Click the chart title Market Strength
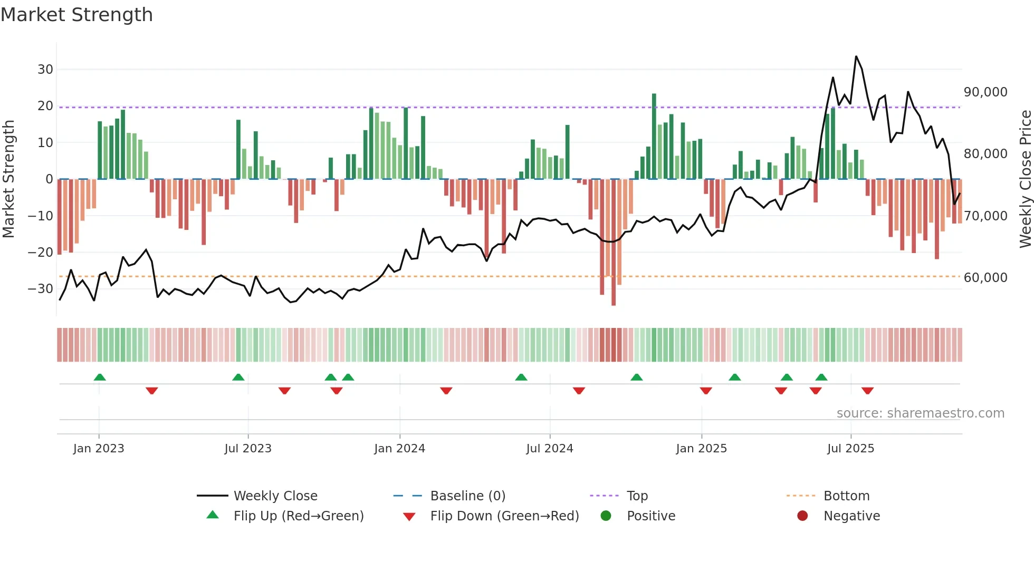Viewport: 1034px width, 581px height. pos(76,15)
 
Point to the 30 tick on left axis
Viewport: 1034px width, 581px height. pos(45,69)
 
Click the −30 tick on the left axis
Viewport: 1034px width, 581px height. pos(41,288)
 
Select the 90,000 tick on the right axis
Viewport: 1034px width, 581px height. pos(985,92)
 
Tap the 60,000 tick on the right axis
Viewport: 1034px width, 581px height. pos(985,278)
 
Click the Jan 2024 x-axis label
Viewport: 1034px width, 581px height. pos(399,448)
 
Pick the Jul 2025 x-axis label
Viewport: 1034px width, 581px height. pos(850,448)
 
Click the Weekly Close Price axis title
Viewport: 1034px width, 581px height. pos(1025,179)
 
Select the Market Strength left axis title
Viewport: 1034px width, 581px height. pos(9,179)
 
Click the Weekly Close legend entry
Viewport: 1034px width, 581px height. pos(275,496)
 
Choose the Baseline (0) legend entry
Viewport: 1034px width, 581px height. pos(467,496)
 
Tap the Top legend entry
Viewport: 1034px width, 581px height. pos(637,496)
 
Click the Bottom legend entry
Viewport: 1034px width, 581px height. pos(846,496)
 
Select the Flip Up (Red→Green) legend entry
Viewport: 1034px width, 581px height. pos(299,516)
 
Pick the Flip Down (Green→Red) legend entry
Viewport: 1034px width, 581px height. pos(504,516)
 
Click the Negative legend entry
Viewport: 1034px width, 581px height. pos(851,516)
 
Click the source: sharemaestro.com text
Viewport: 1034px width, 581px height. pos(920,413)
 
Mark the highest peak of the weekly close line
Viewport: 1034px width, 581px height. pos(856,56)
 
